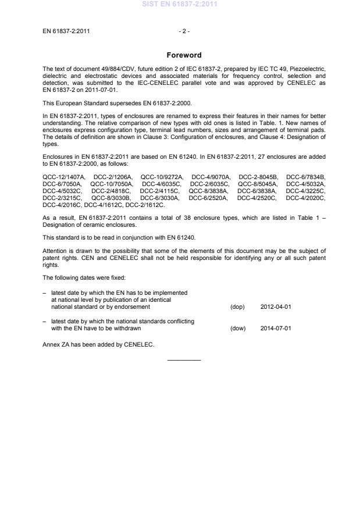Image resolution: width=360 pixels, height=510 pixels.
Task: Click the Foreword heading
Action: click(x=183, y=55)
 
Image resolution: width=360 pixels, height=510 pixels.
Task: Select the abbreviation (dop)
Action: click(x=237, y=306)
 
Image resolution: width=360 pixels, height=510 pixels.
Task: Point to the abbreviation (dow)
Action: click(x=238, y=328)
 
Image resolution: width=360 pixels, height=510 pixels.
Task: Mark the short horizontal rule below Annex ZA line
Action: click(x=184, y=360)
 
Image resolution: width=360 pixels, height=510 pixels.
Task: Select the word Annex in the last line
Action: click(x=51, y=344)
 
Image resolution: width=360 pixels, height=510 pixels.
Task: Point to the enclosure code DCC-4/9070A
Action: click(x=211, y=176)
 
